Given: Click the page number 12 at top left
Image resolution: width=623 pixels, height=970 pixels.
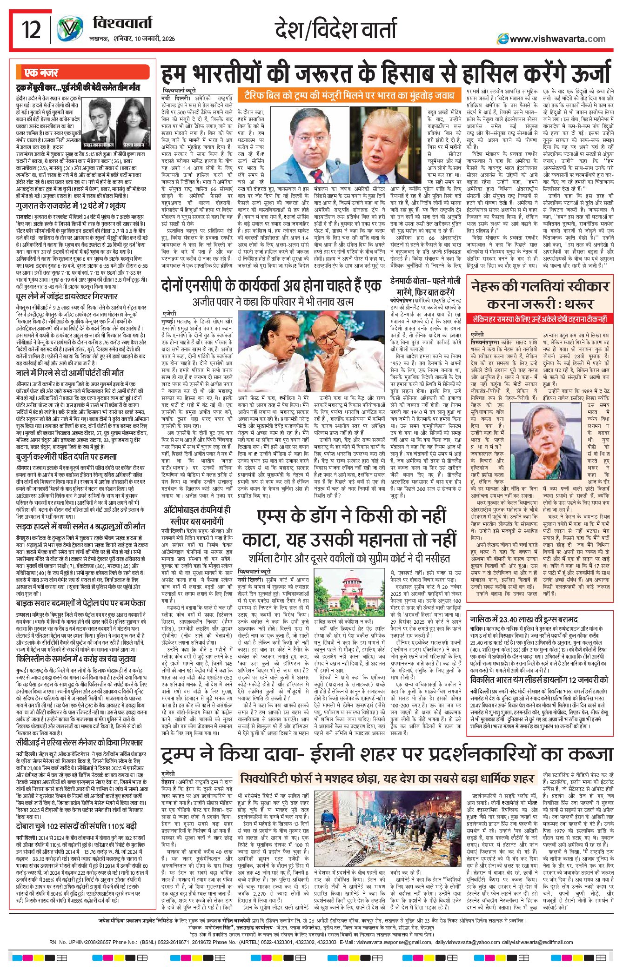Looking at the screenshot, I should (x=32, y=30).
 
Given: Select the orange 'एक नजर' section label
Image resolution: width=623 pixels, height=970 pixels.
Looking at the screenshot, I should (x=42, y=73).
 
